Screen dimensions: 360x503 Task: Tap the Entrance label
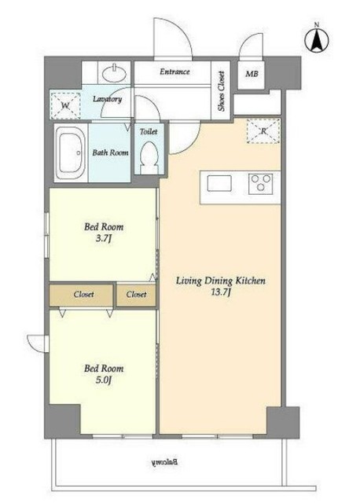pyautogui.click(x=174, y=72)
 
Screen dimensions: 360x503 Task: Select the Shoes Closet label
pyautogui.click(x=221, y=91)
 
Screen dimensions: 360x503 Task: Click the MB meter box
pyautogui.click(x=252, y=74)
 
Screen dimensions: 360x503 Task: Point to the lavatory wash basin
pyautogui.click(x=114, y=73)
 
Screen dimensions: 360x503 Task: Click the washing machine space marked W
pyautogui.click(x=65, y=105)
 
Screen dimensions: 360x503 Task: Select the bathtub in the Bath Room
pyautogui.click(x=71, y=154)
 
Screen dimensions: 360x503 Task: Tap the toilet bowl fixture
pyautogui.click(x=149, y=157)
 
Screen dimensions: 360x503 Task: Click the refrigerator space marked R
pyautogui.click(x=263, y=131)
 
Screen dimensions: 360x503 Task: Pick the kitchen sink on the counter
pyautogui.click(x=219, y=183)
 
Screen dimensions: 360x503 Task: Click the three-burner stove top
pyautogui.click(x=260, y=183)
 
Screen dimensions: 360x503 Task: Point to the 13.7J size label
pyautogui.click(x=221, y=292)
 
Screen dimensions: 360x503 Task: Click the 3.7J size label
pyautogui.click(x=104, y=239)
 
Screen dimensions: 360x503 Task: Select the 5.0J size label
pyautogui.click(x=103, y=380)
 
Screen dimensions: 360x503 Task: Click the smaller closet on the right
pyautogui.click(x=136, y=295)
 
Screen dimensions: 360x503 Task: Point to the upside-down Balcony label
pyautogui.click(x=164, y=462)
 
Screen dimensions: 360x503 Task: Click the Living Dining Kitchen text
pyautogui.click(x=221, y=281)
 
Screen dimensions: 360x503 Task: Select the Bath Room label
pyautogui.click(x=110, y=152)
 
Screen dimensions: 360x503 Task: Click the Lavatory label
pyautogui.click(x=108, y=99)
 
